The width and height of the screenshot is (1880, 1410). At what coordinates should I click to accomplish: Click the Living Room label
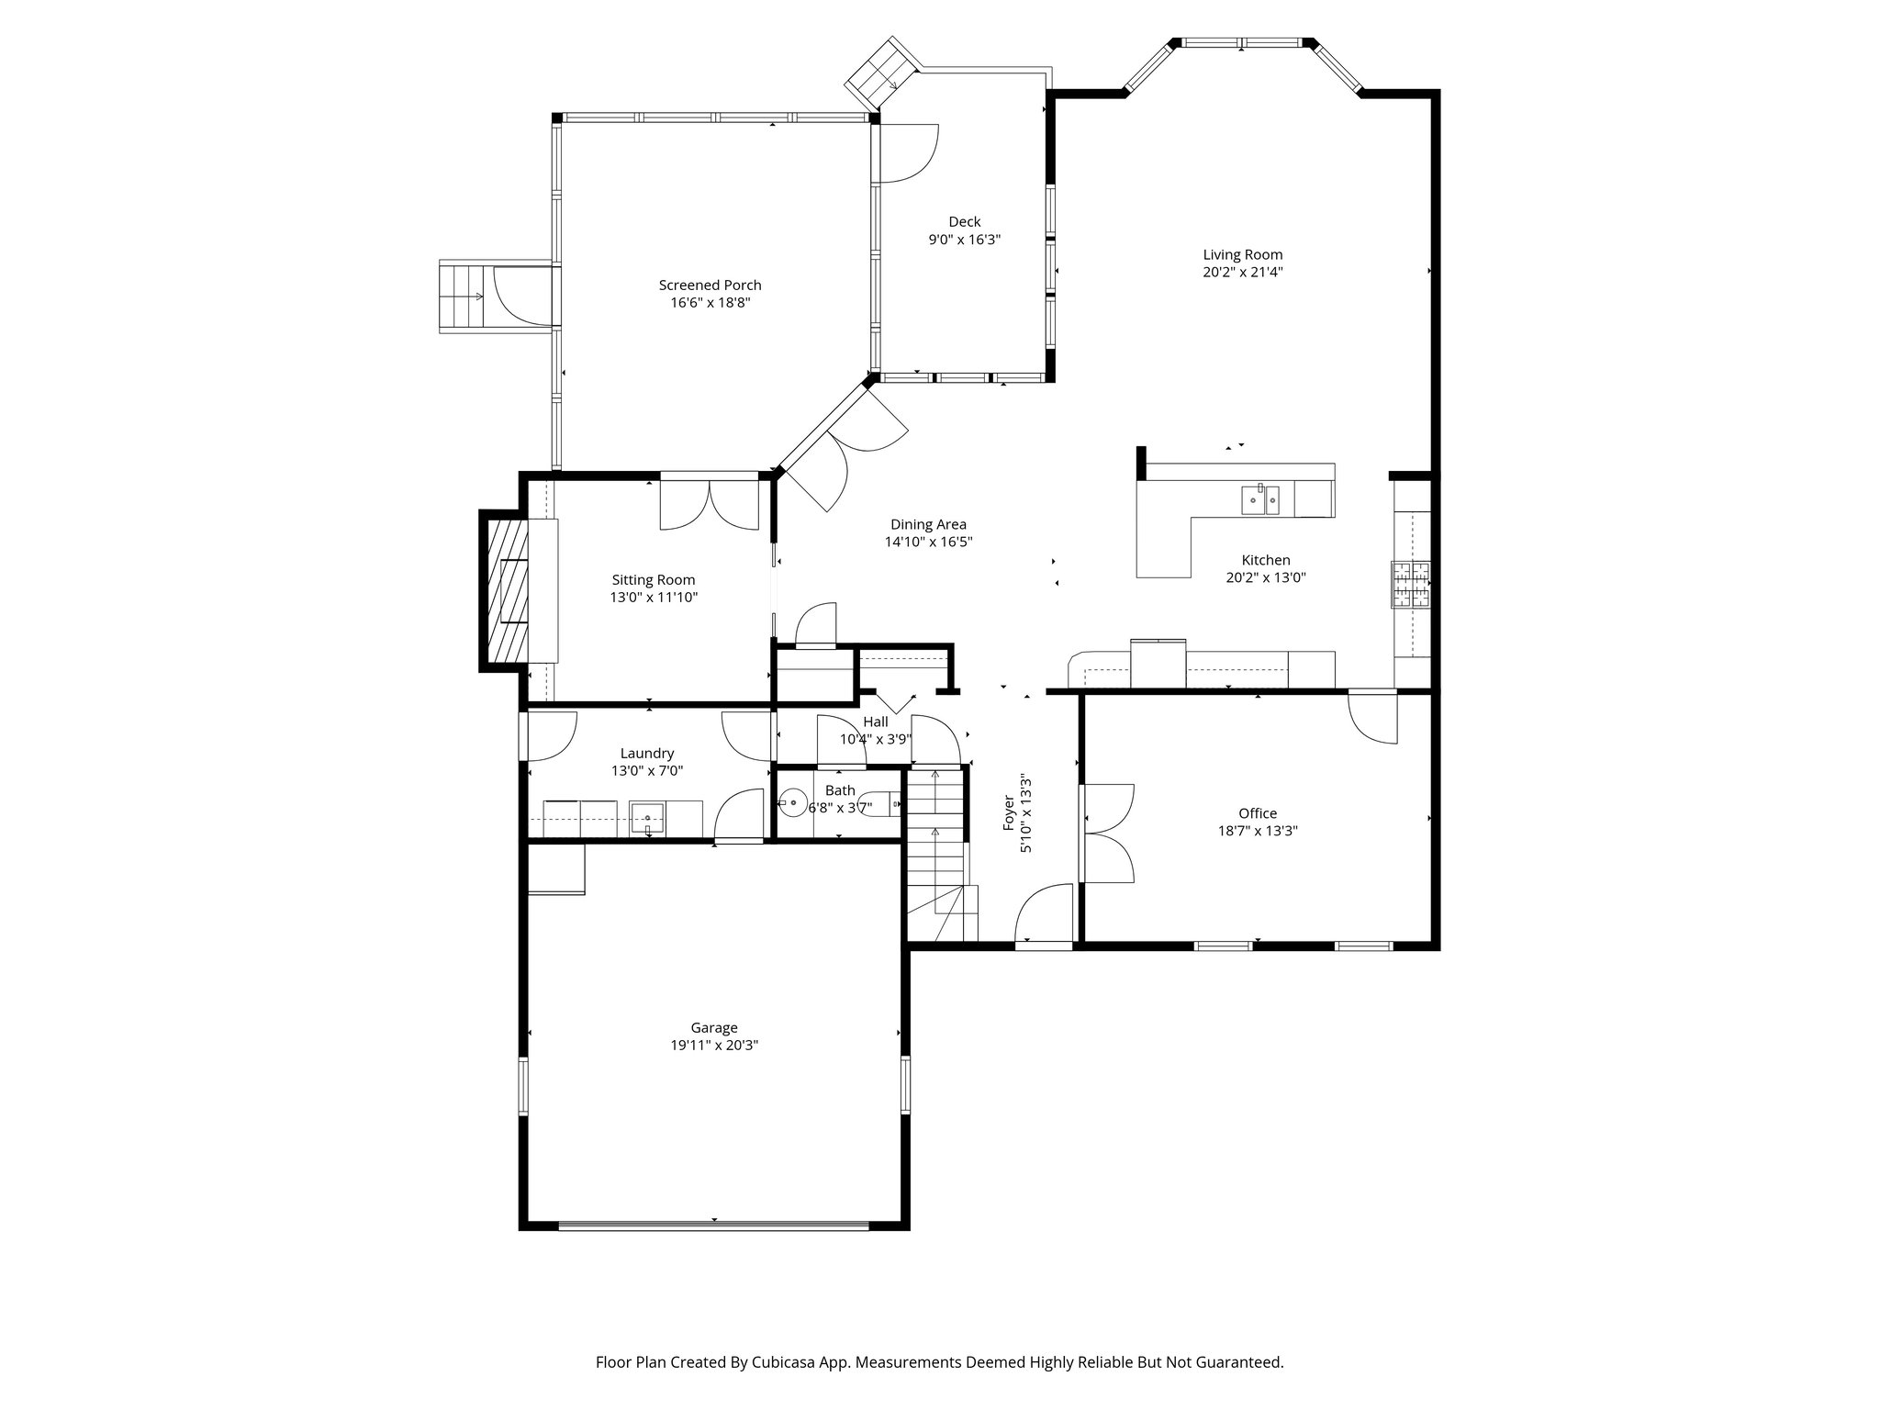pos(1242,255)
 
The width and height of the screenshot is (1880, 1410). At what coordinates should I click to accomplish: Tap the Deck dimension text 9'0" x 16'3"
pos(964,240)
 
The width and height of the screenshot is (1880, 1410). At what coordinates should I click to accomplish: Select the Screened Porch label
pos(710,285)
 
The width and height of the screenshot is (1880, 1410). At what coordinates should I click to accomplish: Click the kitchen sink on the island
pos(1260,500)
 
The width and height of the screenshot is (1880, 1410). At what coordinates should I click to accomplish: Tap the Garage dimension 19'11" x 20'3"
pos(713,1046)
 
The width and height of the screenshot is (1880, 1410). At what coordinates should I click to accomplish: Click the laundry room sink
pos(647,817)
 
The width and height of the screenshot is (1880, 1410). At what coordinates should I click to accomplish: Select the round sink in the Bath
pos(793,805)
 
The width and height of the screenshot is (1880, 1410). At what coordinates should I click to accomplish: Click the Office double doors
pos(1108,834)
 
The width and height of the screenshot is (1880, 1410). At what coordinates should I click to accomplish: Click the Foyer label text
pos(1010,814)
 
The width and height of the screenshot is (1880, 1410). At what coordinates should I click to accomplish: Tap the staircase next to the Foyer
pos(936,854)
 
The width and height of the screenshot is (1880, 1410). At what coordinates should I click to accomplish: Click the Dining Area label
pos(928,525)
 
